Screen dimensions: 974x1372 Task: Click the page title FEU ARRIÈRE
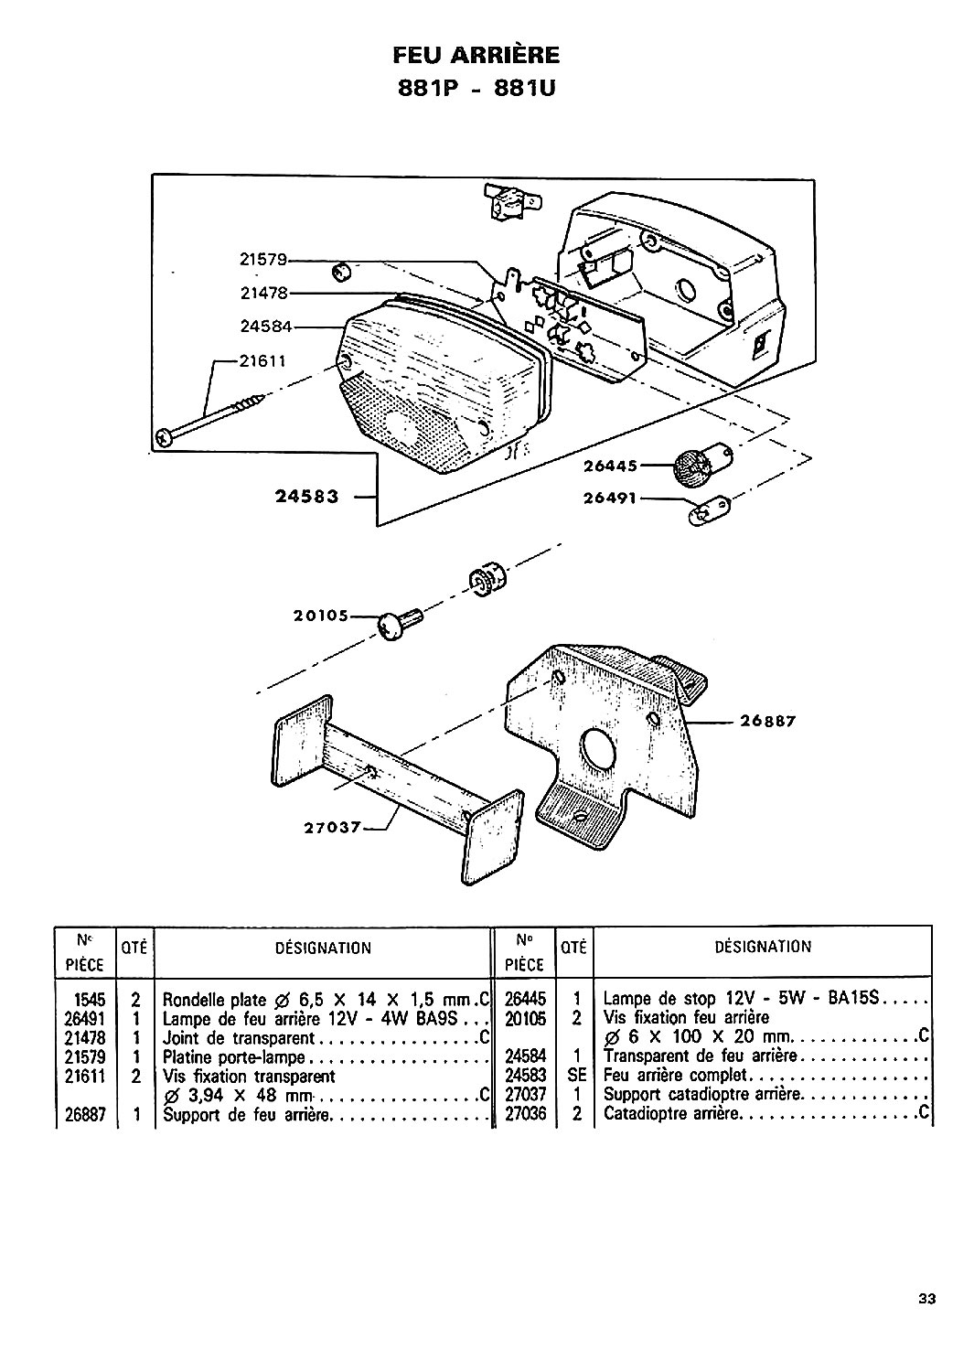coord(476,56)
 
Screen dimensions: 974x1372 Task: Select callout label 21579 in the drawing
coord(263,260)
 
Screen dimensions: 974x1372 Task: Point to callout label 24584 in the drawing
coord(266,326)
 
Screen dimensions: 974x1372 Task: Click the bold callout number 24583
coord(307,496)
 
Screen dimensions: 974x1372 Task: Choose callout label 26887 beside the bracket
coord(768,721)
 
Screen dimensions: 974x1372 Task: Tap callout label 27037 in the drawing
coord(333,828)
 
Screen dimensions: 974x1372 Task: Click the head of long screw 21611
coord(166,436)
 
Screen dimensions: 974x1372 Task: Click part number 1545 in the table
coord(90,1000)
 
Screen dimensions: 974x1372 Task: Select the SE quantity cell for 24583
coord(577,1075)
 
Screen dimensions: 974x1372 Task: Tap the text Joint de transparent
coord(239,1038)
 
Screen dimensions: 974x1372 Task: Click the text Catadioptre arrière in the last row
coord(671,1113)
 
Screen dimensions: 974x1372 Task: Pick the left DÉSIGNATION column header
coord(323,949)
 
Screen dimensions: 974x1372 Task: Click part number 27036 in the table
coord(525,1113)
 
